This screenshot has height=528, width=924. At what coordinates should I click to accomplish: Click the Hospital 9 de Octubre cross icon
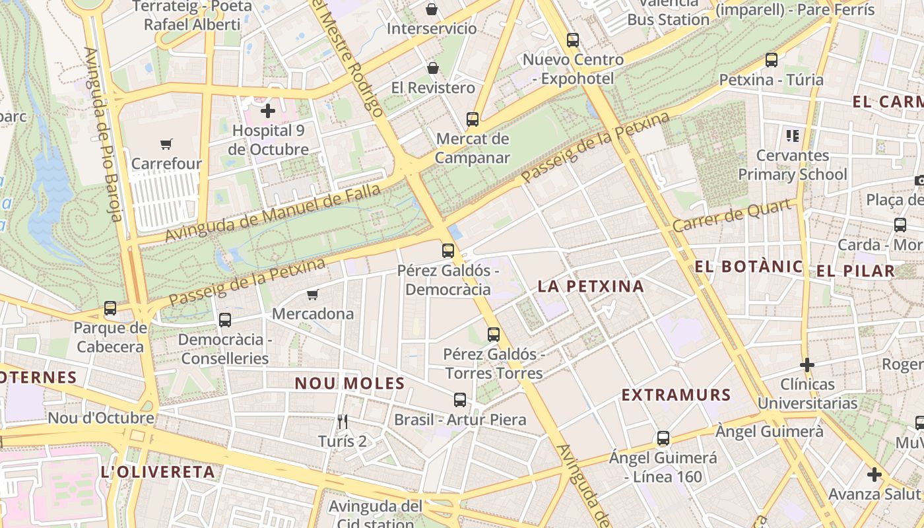pyautogui.click(x=268, y=111)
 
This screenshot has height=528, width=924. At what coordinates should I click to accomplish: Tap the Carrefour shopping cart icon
pyautogui.click(x=166, y=144)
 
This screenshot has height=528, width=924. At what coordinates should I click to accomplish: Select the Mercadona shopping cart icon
pyautogui.click(x=313, y=294)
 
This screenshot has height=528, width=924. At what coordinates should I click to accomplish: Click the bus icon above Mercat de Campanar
pyautogui.click(x=473, y=119)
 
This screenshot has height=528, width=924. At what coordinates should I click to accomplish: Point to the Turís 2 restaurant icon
pyautogui.click(x=342, y=421)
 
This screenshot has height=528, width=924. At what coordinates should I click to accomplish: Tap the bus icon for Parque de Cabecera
pyautogui.click(x=110, y=308)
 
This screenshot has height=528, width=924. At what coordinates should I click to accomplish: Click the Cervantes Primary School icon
pyautogui.click(x=793, y=136)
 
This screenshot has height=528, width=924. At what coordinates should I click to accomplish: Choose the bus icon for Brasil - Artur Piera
pyautogui.click(x=460, y=400)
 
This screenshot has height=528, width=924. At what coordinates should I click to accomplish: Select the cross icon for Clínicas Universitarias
pyautogui.click(x=807, y=364)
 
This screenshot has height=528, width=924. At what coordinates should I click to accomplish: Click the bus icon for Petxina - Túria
pyautogui.click(x=772, y=60)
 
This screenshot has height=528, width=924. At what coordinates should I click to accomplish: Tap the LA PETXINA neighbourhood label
pyautogui.click(x=591, y=286)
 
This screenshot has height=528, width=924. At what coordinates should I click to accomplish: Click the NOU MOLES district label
pyautogui.click(x=350, y=383)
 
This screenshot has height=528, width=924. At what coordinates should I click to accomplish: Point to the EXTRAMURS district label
pyautogui.click(x=676, y=395)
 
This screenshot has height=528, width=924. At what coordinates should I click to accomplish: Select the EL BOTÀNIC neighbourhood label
pyautogui.click(x=749, y=267)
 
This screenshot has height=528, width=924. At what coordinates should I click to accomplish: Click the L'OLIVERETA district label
pyautogui.click(x=158, y=472)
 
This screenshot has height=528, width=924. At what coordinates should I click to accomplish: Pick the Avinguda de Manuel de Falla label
pyautogui.click(x=273, y=213)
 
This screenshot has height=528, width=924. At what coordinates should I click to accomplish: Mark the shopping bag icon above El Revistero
pyautogui.click(x=433, y=68)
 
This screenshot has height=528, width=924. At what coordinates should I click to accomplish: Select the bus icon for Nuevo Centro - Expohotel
pyautogui.click(x=573, y=40)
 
